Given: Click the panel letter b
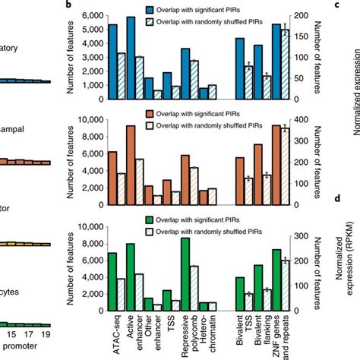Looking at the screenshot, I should [x=69, y=5].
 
